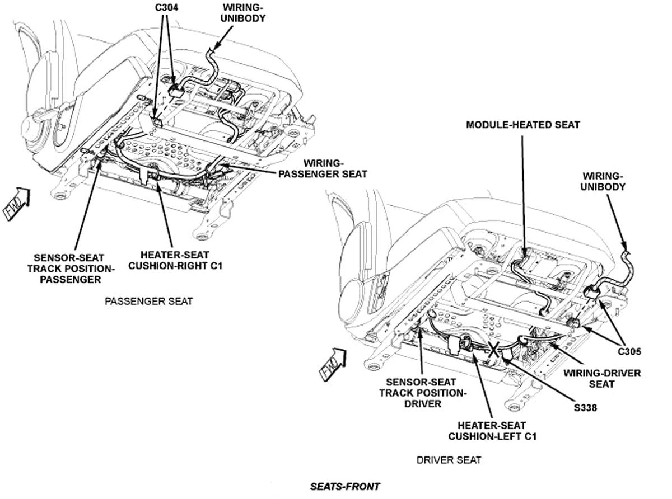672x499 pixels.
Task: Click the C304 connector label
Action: pos(165,8)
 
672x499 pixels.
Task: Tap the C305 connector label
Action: pos(629,352)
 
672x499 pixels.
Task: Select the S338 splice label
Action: pos(585,408)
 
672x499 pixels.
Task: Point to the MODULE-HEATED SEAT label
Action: pos(522,125)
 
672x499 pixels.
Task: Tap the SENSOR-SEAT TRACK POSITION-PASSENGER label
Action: pos(71,269)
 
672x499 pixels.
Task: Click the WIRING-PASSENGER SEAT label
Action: pos(323,168)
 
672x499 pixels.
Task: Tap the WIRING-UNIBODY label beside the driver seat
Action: pos(603,181)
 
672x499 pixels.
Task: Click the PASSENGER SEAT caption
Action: pos(148,302)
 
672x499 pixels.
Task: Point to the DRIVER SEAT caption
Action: pos(449,460)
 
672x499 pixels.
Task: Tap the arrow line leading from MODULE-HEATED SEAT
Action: pos(524,190)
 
